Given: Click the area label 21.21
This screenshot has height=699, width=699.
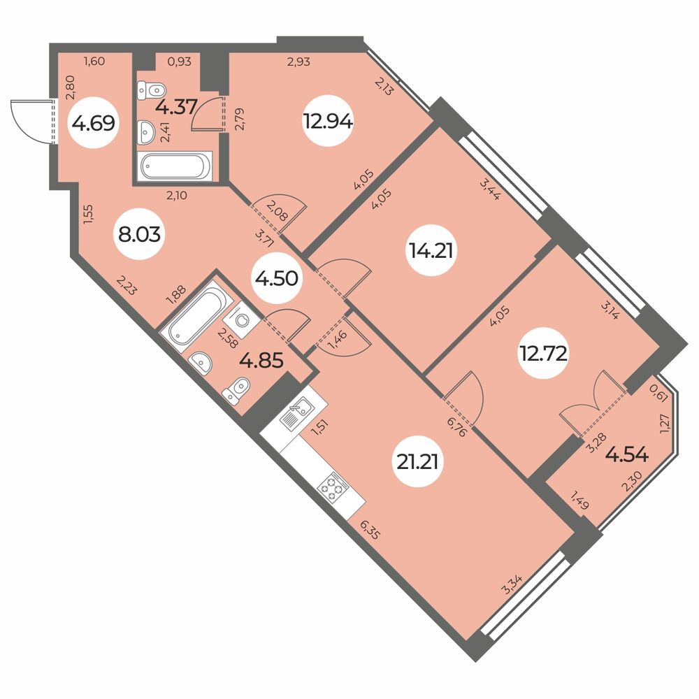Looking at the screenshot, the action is (418, 462).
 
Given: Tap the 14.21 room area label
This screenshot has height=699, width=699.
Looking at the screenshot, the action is (431, 251).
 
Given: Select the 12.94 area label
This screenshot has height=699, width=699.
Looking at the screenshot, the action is (328, 121).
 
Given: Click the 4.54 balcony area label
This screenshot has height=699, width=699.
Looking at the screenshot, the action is (627, 455).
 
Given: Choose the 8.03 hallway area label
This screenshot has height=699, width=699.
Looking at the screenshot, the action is (140, 234).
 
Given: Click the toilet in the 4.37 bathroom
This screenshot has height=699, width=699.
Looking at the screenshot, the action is (152, 89).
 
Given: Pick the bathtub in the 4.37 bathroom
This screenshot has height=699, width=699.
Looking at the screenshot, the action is (175, 166).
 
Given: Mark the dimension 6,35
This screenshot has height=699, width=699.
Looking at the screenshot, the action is (370, 528).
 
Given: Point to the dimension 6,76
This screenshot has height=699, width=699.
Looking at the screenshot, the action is (456, 426).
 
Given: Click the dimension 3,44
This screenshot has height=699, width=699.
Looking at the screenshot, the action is (489, 189).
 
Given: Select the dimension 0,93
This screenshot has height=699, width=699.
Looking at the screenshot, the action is (179, 62).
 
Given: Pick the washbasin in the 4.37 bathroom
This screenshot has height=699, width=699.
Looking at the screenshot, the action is (146, 132).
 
